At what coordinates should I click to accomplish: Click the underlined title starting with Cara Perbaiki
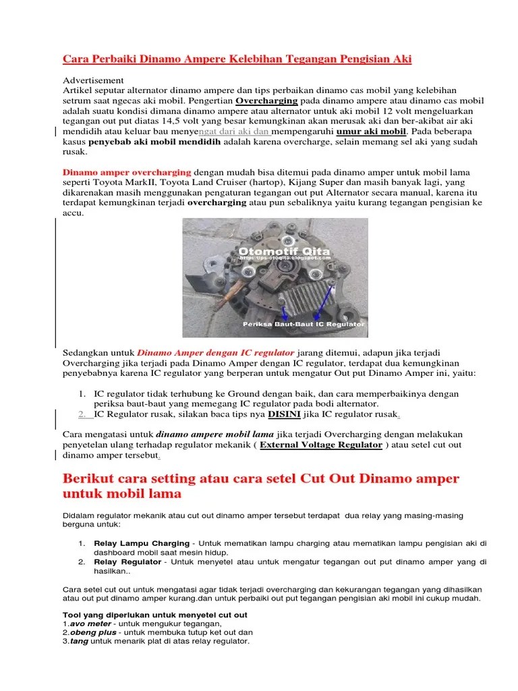tap(237, 59)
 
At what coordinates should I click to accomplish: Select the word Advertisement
tap(93, 80)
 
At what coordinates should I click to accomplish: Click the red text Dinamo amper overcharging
tap(127, 172)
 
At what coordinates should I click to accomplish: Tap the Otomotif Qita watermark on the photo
tap(283, 251)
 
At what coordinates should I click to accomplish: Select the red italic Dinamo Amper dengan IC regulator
tap(216, 352)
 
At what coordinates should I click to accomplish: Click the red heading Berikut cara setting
tap(260, 480)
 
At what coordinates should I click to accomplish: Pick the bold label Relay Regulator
tap(127, 561)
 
